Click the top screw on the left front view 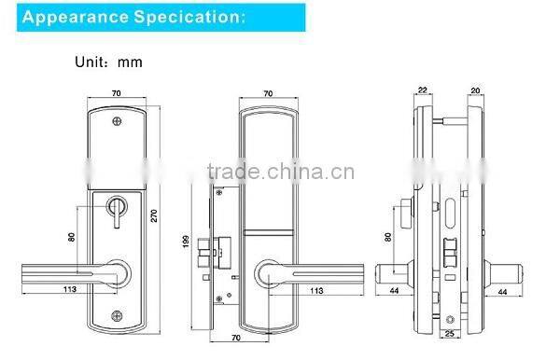[117, 121]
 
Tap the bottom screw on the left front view [117, 314]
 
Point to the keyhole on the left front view [119, 207]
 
